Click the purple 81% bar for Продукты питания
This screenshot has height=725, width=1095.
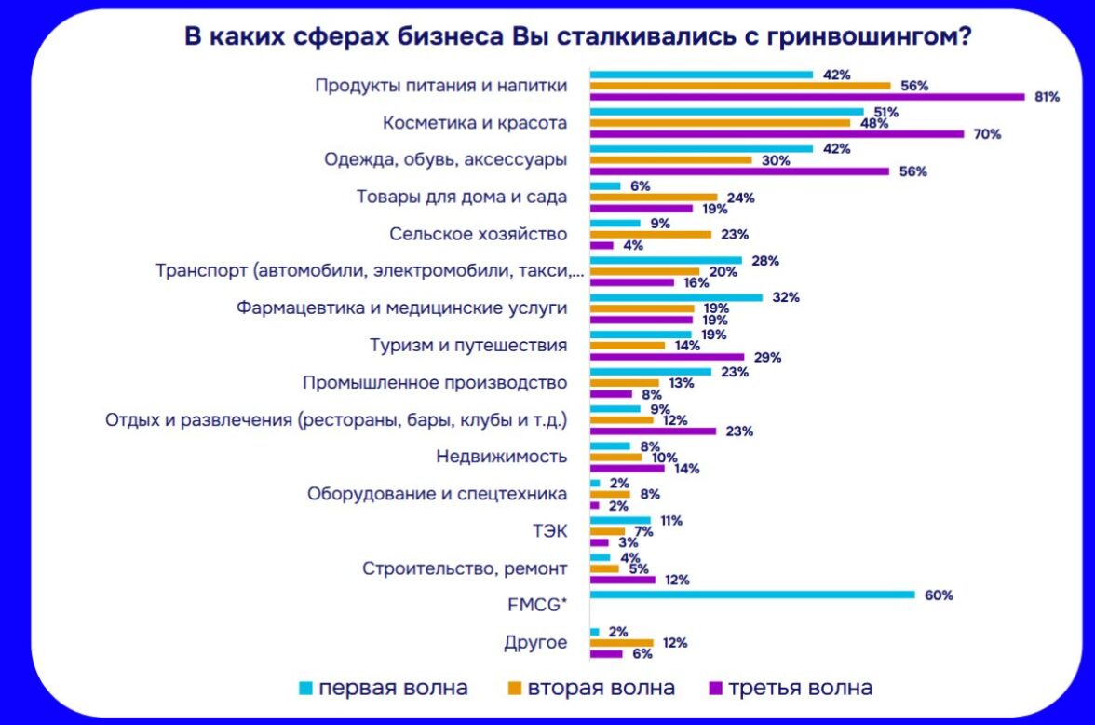click(x=806, y=96)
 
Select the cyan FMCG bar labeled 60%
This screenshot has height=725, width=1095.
click(x=752, y=595)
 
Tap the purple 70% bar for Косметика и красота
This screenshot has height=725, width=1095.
click(x=777, y=133)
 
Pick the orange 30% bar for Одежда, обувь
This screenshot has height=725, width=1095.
click(x=670, y=159)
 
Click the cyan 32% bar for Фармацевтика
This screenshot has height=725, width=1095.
click(x=676, y=297)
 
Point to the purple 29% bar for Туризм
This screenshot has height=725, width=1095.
click(x=667, y=357)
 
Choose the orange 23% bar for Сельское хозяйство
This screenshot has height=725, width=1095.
click(x=651, y=234)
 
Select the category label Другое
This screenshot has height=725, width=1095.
click(x=535, y=643)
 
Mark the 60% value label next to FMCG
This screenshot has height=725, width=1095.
click(x=938, y=595)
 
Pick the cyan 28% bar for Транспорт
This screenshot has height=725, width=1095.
click(x=666, y=260)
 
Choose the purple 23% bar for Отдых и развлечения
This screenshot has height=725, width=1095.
click(x=653, y=431)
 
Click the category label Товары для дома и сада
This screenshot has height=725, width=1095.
click(x=462, y=197)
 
